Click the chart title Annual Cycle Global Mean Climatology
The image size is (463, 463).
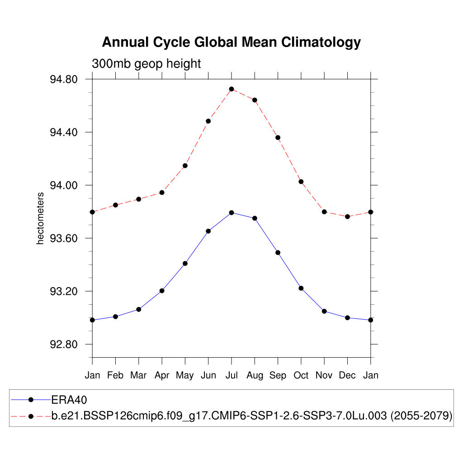point(231,42)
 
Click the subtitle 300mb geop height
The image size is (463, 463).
point(146,64)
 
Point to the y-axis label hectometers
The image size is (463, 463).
point(41,218)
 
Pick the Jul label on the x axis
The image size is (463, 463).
point(231,375)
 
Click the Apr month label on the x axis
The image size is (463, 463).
point(162,375)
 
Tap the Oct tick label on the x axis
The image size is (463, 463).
point(301,375)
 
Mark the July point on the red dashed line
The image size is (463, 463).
point(231,89)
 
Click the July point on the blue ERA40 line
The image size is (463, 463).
point(231,213)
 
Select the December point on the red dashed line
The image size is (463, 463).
point(347,217)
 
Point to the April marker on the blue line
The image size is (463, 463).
point(162,291)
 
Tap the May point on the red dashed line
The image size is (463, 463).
point(185,165)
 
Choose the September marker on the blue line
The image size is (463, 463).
point(278,252)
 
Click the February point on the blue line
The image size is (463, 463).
point(115,317)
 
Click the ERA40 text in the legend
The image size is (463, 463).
point(69,400)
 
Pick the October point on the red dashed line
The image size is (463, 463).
point(301,182)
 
